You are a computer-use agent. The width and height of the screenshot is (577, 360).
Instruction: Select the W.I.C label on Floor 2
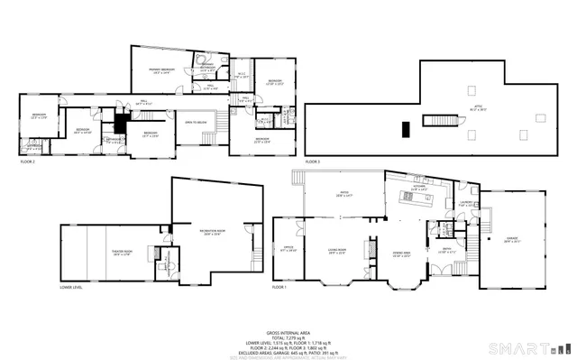click(x=242, y=75)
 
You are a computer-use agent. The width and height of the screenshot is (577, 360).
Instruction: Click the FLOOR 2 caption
click(x=28, y=162)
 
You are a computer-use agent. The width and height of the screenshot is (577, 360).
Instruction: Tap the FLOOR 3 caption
click(x=313, y=162)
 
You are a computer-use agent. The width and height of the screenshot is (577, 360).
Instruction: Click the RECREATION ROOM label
click(x=213, y=232)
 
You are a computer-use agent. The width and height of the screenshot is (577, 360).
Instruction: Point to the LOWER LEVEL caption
click(x=71, y=288)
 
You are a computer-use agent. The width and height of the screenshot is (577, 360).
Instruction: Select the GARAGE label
click(x=512, y=240)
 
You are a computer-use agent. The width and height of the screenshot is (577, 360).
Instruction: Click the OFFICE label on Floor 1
click(x=288, y=249)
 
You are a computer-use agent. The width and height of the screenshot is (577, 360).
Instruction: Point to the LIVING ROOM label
click(x=337, y=254)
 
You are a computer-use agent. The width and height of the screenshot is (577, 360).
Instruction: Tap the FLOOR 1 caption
click(x=279, y=288)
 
